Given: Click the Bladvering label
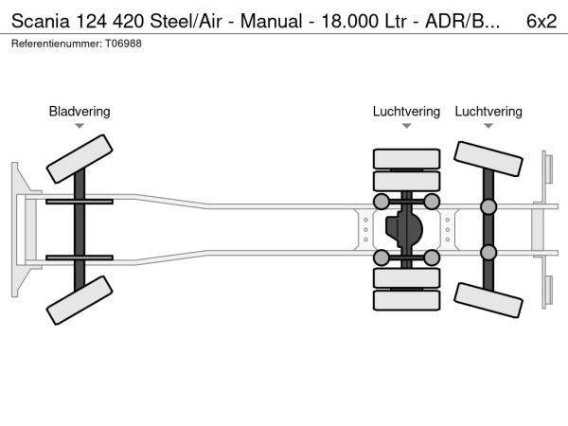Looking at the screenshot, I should [x=80, y=112].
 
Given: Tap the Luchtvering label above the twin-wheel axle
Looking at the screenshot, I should [x=406, y=112].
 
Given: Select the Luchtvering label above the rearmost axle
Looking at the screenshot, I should [x=488, y=112].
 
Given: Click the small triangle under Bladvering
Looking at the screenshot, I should [x=80, y=126].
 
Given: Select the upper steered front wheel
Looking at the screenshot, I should [x=80, y=159].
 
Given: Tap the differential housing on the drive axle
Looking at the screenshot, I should [x=406, y=229].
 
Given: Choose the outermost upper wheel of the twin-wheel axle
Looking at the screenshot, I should [x=406, y=158].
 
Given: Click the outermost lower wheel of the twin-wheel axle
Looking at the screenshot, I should [x=406, y=300].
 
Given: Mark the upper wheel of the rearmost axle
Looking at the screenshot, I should [x=488, y=159].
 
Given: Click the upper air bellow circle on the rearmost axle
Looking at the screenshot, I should [x=488, y=207].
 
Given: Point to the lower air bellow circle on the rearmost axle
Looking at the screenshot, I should [x=488, y=252].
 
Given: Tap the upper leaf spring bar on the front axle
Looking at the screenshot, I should [x=80, y=202].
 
